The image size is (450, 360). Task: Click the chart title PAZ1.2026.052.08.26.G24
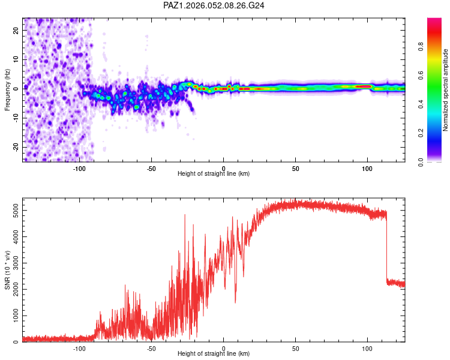214,5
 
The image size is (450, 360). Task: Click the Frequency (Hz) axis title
7,90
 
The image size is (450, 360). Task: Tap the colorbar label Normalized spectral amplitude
445,90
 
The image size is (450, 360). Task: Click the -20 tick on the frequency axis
14,147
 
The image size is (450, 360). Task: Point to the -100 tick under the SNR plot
79,348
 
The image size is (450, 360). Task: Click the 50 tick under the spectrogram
296,169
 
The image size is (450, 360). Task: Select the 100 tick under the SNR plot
368,348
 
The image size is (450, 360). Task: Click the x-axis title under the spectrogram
214,174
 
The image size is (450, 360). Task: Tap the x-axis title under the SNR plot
214,354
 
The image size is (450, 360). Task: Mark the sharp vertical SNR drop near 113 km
386,246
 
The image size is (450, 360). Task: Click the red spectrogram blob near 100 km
364,86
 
